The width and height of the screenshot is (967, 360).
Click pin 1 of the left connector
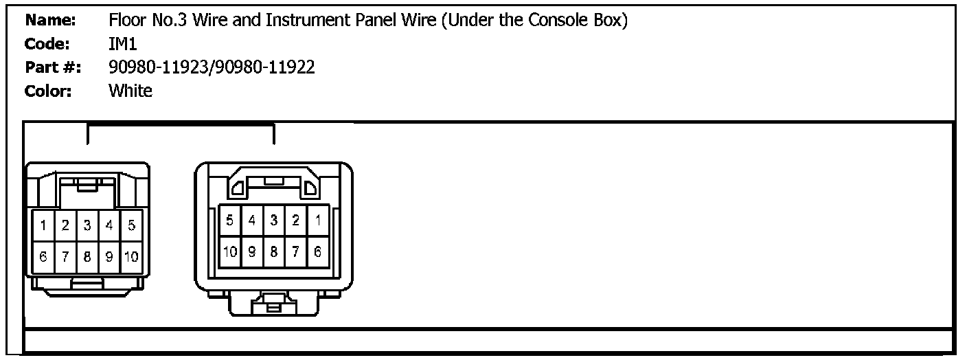tap(43, 225)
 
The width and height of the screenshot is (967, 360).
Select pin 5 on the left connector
tap(131, 225)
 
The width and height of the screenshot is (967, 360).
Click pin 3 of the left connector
tap(87, 225)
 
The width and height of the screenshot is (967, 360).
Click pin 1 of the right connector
tap(317, 221)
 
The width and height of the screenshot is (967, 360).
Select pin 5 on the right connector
tap(230, 221)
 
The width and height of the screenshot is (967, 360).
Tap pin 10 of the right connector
tap(230, 252)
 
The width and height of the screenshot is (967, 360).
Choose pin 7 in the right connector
tap(295, 252)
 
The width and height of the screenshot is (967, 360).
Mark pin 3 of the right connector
tap(273, 221)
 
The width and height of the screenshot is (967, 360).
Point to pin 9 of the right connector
tap(252, 252)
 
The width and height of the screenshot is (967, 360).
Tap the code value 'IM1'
tap(122, 44)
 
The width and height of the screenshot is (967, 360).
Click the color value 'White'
tap(130, 91)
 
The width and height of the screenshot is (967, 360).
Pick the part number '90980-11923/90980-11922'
tap(212, 67)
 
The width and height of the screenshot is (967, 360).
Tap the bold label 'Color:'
tap(48, 91)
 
